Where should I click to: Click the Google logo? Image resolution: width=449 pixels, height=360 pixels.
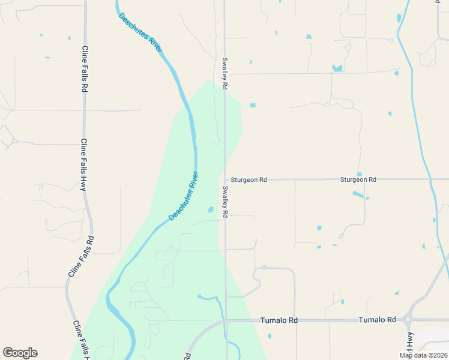pos(20,353)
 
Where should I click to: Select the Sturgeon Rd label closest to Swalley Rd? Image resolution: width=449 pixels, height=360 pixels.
pos(250,179)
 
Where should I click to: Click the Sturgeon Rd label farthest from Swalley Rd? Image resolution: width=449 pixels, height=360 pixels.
pos(358,179)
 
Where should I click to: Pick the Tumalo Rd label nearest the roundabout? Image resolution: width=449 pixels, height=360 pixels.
pos(378,320)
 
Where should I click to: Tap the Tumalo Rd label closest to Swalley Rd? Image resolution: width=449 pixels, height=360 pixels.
pos(279,320)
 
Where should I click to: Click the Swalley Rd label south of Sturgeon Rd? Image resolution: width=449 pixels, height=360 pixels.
pos(225,201)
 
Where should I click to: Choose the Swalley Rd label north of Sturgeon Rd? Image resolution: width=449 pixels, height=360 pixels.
pos(224,74)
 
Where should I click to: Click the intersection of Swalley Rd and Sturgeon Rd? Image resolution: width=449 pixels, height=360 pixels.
pos(226,179)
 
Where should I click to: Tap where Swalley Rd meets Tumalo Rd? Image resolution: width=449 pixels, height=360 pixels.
pos(226,320)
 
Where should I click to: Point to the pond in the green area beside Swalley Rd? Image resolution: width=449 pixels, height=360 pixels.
pos(210,209)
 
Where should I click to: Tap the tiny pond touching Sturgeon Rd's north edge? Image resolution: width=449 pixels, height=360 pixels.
pos(359,175)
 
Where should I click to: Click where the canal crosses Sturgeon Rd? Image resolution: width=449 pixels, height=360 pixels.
pos(430,179)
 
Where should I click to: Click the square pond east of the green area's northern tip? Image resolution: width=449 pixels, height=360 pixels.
pos(253,106)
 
